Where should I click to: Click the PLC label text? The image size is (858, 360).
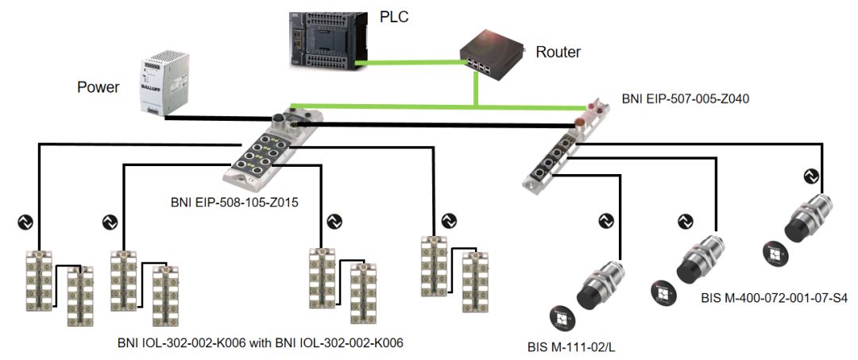(x=394, y=17)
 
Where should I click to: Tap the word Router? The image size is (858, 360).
(x=558, y=52)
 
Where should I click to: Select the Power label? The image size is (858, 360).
(x=98, y=87)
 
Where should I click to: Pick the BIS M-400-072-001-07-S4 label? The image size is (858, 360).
(x=774, y=299)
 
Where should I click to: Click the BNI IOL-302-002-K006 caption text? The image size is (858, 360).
(x=261, y=343)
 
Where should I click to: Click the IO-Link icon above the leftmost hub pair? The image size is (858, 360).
(x=25, y=222)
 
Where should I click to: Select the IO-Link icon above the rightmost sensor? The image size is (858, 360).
(x=811, y=176)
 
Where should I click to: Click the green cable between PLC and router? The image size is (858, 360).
(x=408, y=64)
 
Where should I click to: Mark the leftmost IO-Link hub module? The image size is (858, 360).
(x=40, y=280)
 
